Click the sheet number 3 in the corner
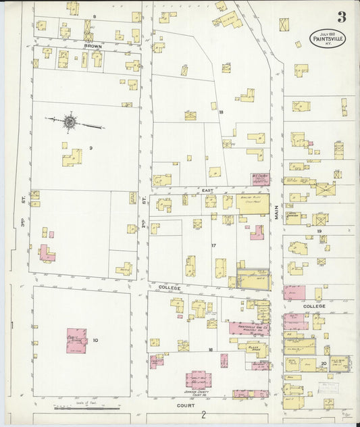[343, 18]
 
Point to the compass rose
[70, 122]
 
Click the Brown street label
[93, 47]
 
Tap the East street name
[208, 191]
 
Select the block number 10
[95, 340]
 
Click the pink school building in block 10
[76, 341]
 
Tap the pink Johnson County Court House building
[198, 379]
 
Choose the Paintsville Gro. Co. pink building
[249, 328]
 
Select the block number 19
[319, 232]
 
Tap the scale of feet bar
[88, 409]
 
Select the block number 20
[324, 363]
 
